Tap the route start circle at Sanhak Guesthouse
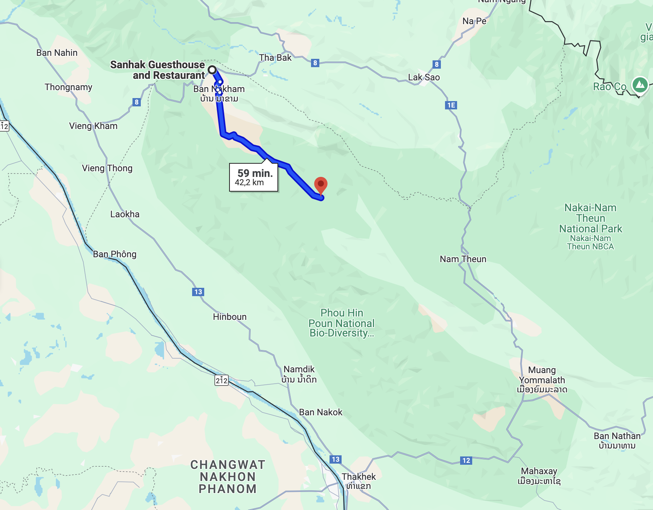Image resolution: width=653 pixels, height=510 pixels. click(x=212, y=70)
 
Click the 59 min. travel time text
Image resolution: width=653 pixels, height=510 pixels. click(x=255, y=173)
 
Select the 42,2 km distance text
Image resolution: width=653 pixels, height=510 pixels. click(x=249, y=183)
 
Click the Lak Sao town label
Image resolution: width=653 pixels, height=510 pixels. click(x=424, y=77)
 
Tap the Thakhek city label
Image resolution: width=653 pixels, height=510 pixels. click(x=359, y=477)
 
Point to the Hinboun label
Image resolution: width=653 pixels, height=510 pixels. click(x=229, y=317)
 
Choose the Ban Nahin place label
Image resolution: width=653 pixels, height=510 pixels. click(x=57, y=53)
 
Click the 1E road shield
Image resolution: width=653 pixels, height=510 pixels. click(x=451, y=105)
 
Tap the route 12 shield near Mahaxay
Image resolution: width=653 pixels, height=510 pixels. click(x=466, y=460)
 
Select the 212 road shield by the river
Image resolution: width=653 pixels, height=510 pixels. click(x=222, y=380)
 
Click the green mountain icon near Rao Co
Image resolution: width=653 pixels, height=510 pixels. click(x=640, y=84)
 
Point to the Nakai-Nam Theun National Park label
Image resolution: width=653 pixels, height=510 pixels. click(x=590, y=218)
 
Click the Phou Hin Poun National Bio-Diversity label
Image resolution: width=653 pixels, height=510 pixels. click(x=342, y=323)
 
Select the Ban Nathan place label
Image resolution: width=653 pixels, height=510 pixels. click(x=617, y=436)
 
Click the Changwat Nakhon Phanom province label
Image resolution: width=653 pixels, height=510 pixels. click(x=228, y=477)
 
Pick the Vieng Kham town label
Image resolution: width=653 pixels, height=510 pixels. click(x=93, y=126)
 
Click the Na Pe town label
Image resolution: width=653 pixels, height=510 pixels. click(x=474, y=21)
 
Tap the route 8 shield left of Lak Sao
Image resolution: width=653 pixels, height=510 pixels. click(x=315, y=63)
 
